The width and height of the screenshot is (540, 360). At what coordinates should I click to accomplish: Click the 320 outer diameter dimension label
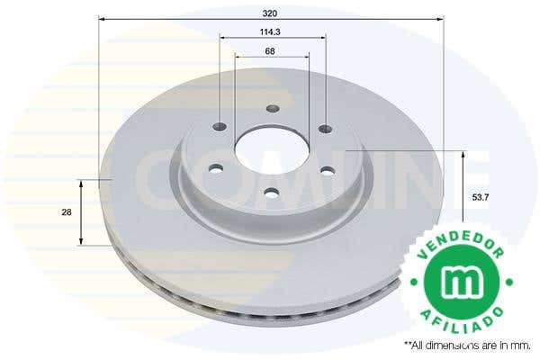coord(270,13)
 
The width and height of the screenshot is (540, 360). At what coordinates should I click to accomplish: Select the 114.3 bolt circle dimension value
coord(270,31)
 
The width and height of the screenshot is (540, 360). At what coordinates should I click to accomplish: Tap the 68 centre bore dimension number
coord(270,51)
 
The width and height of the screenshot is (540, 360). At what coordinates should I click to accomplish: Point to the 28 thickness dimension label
coord(67,212)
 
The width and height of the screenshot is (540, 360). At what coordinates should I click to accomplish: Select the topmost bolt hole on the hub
coord(273,109)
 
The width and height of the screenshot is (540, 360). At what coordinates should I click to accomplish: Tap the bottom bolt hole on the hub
coord(273,193)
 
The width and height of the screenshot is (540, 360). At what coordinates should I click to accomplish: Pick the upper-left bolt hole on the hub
coord(220,126)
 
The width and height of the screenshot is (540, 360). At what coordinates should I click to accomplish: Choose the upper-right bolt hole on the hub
coord(326,129)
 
